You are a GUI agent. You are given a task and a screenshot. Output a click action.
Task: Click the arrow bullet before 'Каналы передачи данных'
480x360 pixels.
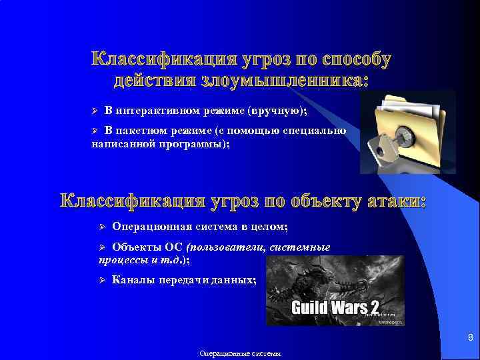click(102, 280)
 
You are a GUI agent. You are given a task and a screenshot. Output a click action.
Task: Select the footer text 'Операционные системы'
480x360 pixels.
click(240, 354)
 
